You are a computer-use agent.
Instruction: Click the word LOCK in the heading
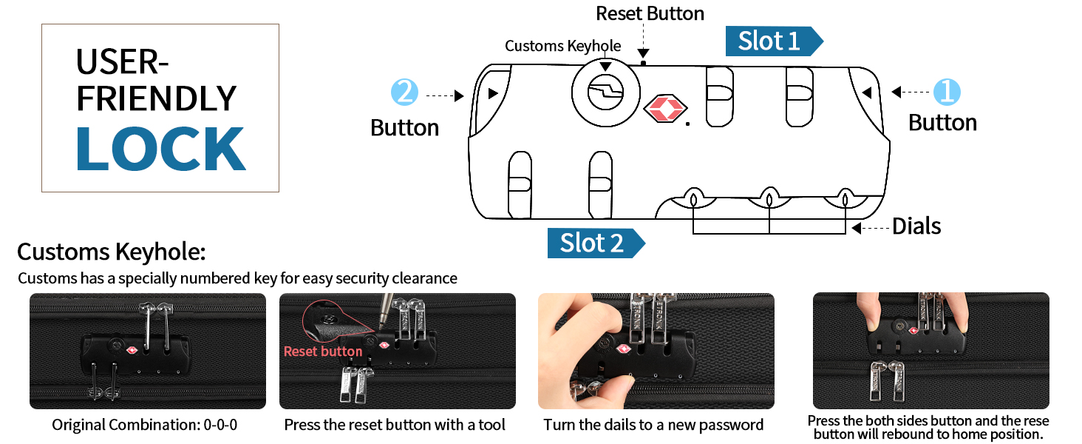coord(160,149)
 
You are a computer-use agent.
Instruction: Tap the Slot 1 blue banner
coord(769,41)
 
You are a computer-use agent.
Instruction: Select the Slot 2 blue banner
coord(592,243)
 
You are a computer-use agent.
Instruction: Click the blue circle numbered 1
coord(947,92)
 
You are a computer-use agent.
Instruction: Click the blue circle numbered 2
coord(404,93)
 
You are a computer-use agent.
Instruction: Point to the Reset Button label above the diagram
coord(650,13)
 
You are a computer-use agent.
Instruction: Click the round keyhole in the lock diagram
coord(605,93)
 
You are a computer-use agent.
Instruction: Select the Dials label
coord(916,226)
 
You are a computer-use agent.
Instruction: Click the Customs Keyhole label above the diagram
coord(562,46)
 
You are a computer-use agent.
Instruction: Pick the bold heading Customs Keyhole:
coord(111,252)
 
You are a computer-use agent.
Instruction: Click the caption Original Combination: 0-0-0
coord(145,425)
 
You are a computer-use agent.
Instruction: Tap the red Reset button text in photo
coord(323,351)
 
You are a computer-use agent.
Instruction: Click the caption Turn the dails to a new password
coord(653,425)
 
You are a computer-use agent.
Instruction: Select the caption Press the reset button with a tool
coord(395,425)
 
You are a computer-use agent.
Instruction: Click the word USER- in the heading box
coord(122,63)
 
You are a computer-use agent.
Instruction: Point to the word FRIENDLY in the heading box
coord(156,99)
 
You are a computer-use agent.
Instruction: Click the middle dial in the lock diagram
coord(769,199)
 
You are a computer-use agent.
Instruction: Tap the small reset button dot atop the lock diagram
coord(644,64)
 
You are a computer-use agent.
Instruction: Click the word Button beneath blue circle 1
coord(942,123)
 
